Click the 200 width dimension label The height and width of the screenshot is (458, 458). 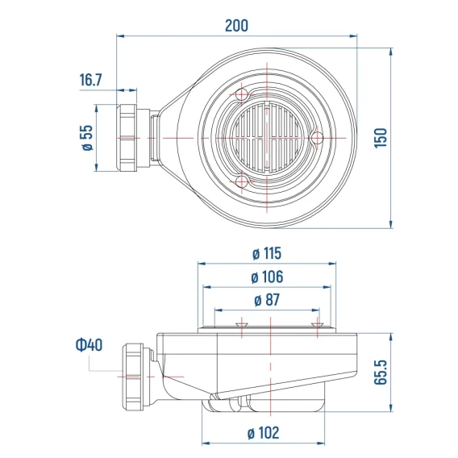236,26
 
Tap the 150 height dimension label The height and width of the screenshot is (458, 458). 381,138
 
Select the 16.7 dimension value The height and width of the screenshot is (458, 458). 91,80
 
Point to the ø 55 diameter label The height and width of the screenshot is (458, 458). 87,138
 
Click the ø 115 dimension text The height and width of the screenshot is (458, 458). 267,253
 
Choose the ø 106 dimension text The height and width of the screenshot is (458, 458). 267,277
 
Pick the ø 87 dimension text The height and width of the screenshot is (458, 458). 267,300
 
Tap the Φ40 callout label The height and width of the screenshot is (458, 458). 89,344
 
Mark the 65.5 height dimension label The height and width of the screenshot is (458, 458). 381,373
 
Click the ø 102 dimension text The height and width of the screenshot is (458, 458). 264,432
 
